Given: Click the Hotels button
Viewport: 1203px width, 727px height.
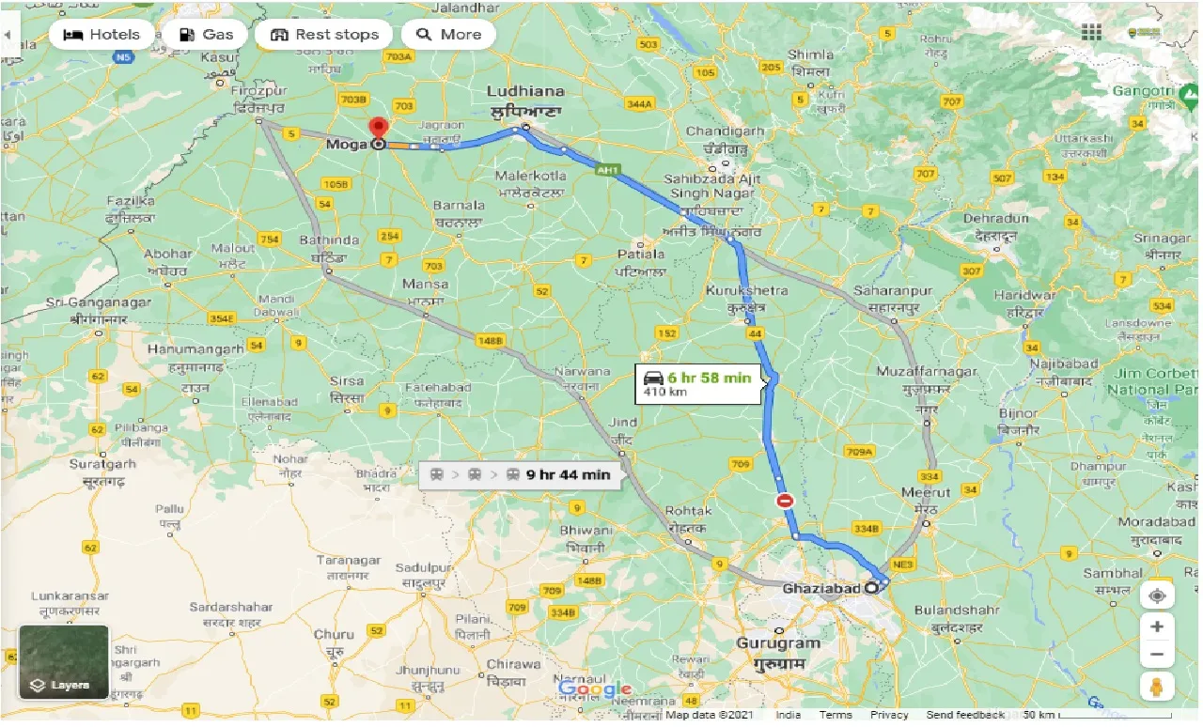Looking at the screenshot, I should [101, 35].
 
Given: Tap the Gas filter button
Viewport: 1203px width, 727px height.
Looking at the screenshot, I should [205, 35].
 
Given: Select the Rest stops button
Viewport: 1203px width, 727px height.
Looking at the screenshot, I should [323, 35].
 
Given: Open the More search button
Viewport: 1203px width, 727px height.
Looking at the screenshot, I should [448, 35].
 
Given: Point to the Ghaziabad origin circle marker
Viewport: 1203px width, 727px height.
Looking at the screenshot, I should [871, 588].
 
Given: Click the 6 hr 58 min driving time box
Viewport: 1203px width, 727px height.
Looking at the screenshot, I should [697, 382].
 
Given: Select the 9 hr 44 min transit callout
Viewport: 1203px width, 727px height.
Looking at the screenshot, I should [521, 474].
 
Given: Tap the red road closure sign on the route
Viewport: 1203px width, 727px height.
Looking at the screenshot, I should [785, 502].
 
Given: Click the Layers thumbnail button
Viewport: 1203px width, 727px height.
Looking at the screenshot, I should [64, 662].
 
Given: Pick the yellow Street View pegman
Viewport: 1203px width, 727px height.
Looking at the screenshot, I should [1157, 686].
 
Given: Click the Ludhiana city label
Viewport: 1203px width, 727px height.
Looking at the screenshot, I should [525, 91].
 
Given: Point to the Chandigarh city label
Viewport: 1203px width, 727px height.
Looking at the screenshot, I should [725, 131].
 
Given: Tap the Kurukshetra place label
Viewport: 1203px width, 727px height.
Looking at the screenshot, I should [749, 290].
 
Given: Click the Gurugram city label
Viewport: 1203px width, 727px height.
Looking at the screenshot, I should [777, 643].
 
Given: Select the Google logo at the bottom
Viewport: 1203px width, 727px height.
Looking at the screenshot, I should [594, 690].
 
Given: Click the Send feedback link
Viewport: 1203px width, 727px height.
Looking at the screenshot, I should [964, 716].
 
